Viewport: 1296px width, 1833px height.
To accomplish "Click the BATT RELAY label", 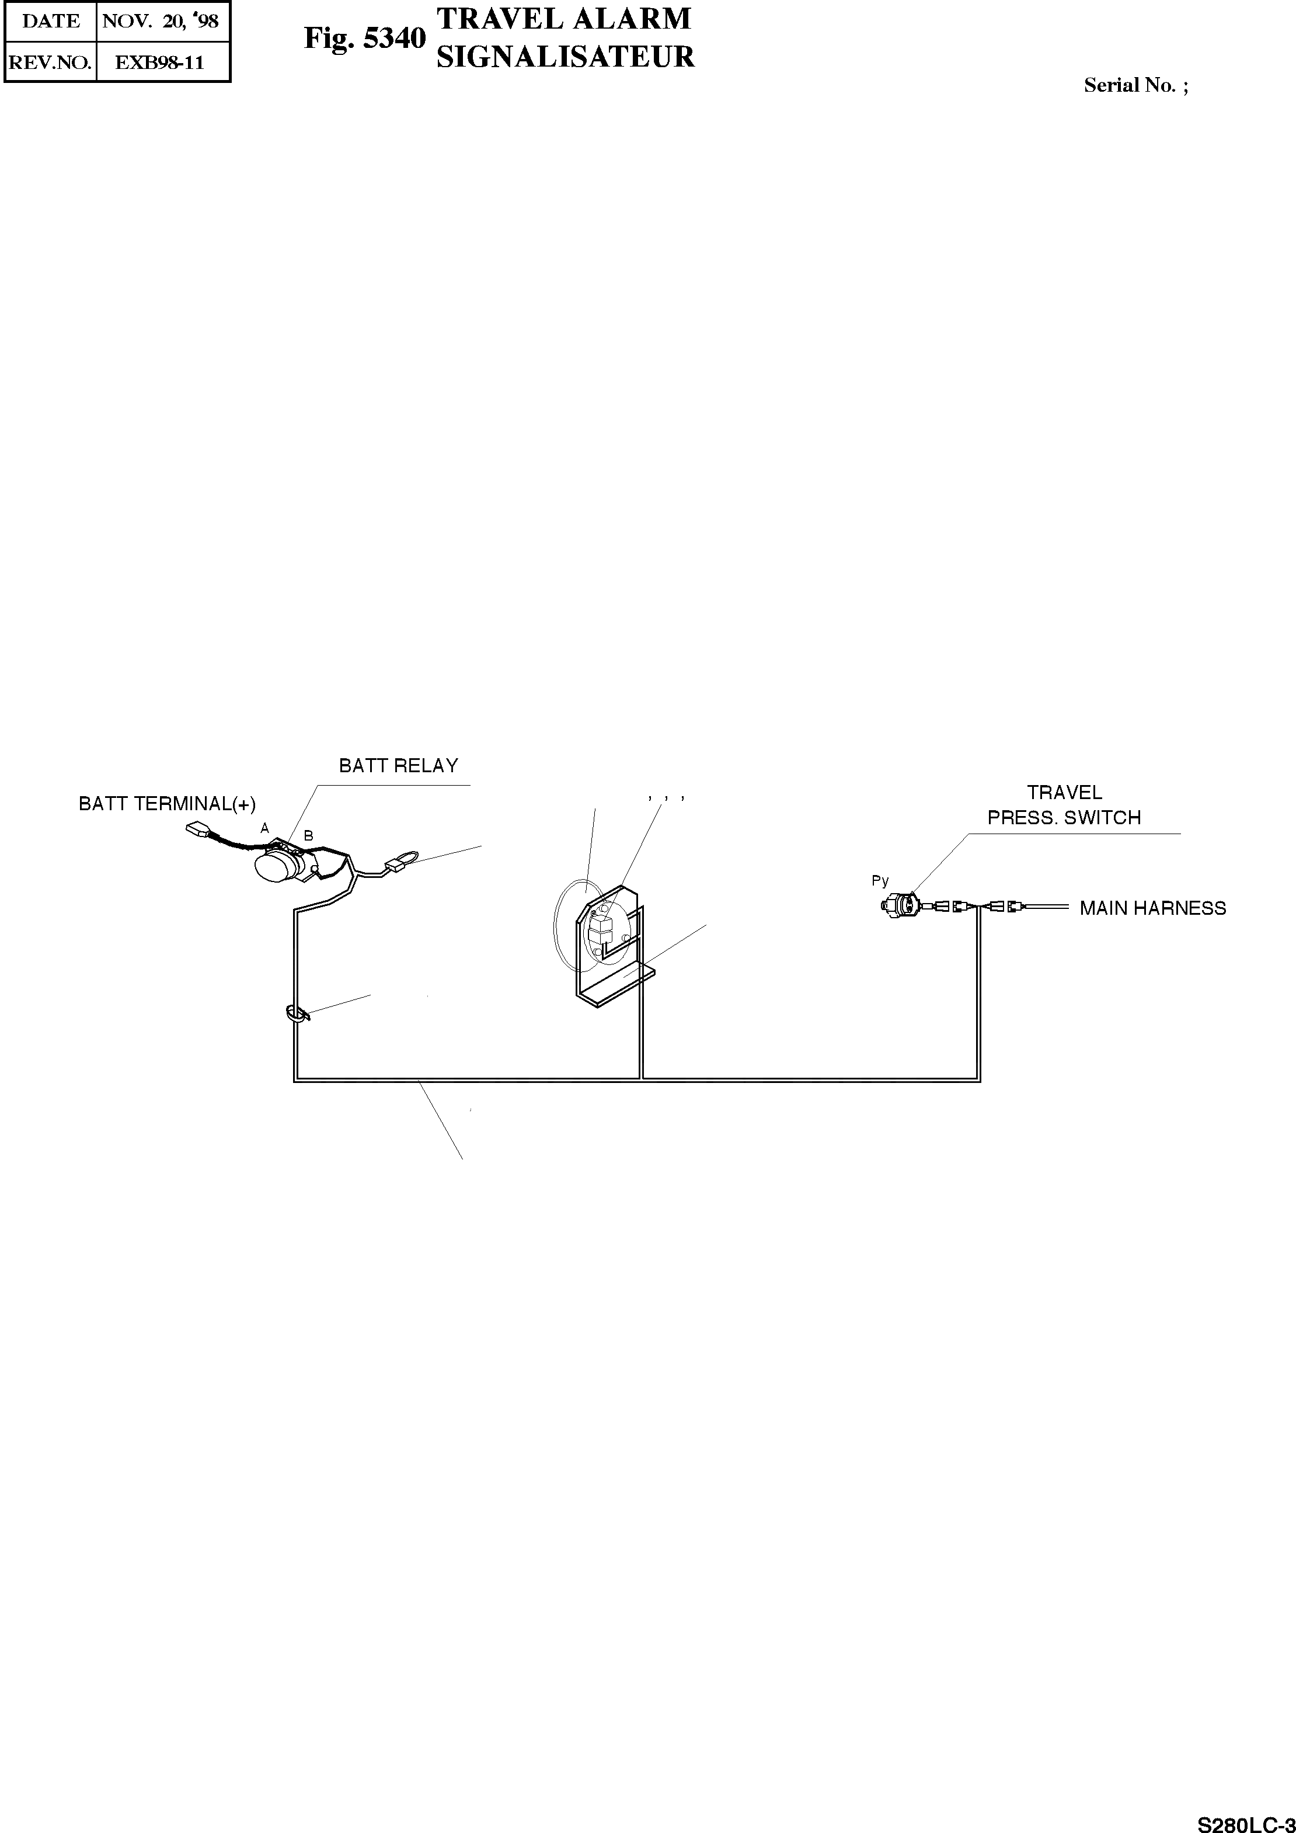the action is [x=398, y=766].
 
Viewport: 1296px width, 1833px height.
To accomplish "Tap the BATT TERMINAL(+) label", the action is [x=167, y=804].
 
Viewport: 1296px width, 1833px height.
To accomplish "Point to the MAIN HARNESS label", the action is [x=1152, y=908].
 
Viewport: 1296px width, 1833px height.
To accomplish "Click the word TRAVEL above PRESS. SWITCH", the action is [x=1064, y=793].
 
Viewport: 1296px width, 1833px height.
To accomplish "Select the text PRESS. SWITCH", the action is [x=1064, y=818].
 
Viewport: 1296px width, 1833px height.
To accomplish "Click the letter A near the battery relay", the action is [x=264, y=829].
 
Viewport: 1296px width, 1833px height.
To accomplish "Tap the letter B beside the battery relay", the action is [x=308, y=836].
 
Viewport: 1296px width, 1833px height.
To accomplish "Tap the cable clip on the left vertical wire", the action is [x=295, y=1015].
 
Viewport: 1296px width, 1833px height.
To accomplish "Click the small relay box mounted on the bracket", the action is [x=601, y=929].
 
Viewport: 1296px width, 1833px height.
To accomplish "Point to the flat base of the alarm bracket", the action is [x=618, y=984].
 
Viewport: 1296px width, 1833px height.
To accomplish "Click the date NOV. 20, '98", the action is [x=161, y=22].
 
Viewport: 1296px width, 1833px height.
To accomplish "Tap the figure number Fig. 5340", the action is [x=365, y=39].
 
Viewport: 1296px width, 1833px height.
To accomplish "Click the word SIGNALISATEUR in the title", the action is [x=565, y=57].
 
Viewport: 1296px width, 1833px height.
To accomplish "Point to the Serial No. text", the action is [x=1135, y=85].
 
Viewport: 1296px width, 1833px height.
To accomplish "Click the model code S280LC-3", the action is [x=1246, y=1820].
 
